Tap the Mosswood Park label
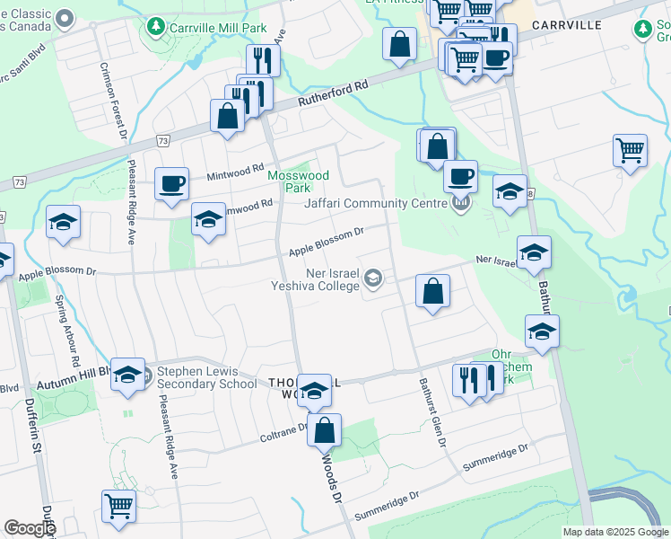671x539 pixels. (x=298, y=181)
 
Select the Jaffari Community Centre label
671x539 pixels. (x=374, y=202)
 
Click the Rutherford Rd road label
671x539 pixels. (x=335, y=91)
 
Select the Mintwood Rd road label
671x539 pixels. (x=231, y=178)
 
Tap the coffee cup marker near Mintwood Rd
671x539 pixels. (x=171, y=184)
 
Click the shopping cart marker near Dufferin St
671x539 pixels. (x=118, y=506)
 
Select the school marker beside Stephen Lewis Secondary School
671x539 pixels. (x=127, y=375)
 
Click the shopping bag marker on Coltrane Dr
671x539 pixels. (x=324, y=430)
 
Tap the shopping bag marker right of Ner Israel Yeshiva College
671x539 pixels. (x=432, y=292)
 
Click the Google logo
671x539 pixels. (x=30, y=528)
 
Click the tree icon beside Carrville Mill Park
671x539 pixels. (x=156, y=28)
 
